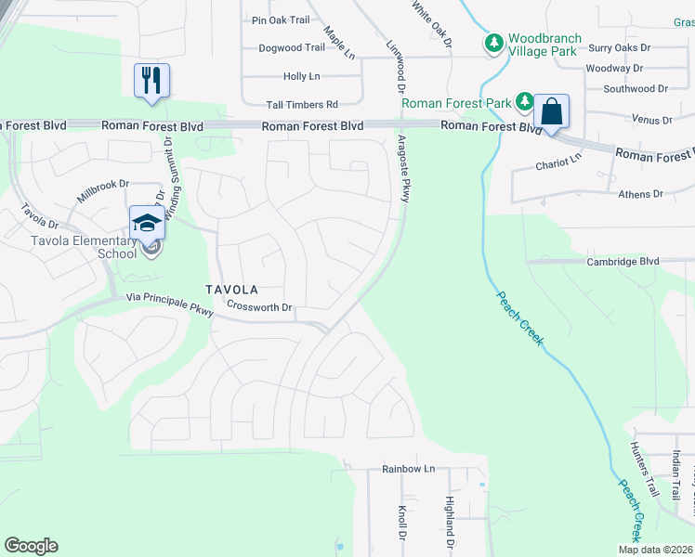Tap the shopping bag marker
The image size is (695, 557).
[551, 112]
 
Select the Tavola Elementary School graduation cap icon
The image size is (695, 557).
[146, 223]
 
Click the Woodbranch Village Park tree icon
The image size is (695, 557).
[493, 43]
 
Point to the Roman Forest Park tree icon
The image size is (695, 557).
[525, 101]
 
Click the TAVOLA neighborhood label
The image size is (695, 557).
[233, 291]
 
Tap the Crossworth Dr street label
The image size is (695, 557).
[260, 307]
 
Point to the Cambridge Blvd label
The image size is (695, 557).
[623, 262]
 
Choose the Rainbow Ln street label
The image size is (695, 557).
[408, 469]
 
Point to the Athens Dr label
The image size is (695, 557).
[641, 194]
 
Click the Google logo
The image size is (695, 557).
[31, 546]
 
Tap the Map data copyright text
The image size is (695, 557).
[654, 550]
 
